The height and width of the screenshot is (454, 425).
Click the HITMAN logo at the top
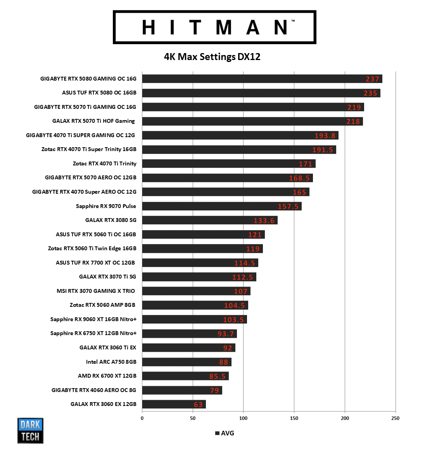click(214, 27)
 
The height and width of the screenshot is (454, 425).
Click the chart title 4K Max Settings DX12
click(212, 57)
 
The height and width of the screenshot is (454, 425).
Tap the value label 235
click(370, 93)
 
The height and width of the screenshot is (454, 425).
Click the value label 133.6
click(264, 221)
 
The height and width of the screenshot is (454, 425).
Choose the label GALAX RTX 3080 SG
click(111, 220)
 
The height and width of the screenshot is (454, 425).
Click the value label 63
click(198, 405)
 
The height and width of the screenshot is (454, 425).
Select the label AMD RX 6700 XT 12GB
click(107, 376)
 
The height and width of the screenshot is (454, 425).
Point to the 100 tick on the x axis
click(243, 418)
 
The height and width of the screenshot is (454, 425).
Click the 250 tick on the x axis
click(395, 418)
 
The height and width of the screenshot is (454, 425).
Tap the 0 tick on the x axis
click(142, 418)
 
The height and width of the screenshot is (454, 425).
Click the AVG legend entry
click(225, 433)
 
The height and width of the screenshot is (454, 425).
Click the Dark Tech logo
click(30, 430)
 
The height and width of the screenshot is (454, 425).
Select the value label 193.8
click(325, 136)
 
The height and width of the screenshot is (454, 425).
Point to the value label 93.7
click(226, 334)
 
